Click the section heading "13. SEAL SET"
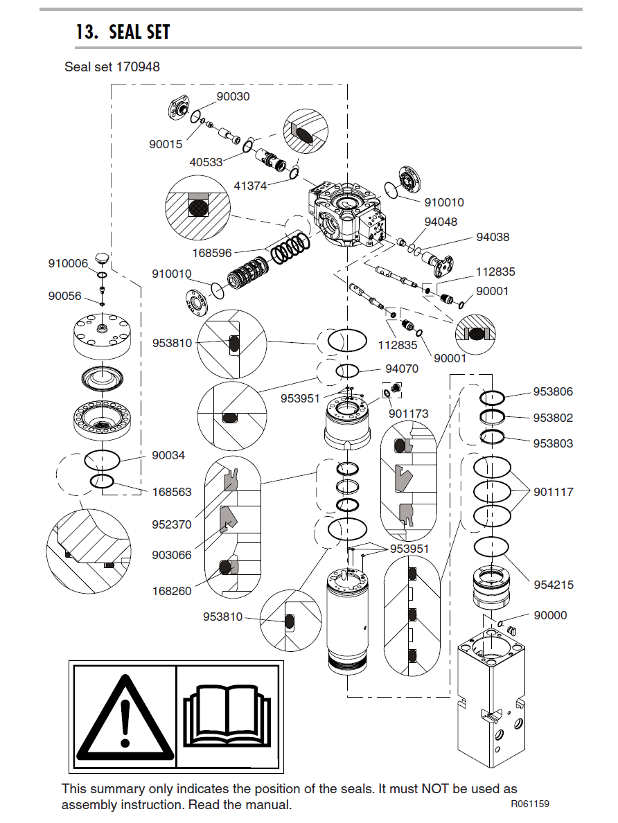(123, 33)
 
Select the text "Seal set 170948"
(112, 67)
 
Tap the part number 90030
(233, 97)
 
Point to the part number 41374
(250, 186)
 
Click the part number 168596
(212, 253)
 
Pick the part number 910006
(68, 263)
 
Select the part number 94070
(402, 369)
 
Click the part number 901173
(408, 414)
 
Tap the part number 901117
(554, 492)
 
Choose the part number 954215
(554, 585)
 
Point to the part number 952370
(172, 524)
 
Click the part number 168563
(172, 492)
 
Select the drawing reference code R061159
(530, 804)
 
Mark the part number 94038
(493, 237)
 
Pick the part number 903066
(172, 555)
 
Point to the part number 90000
(550, 615)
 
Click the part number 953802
(553, 418)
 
